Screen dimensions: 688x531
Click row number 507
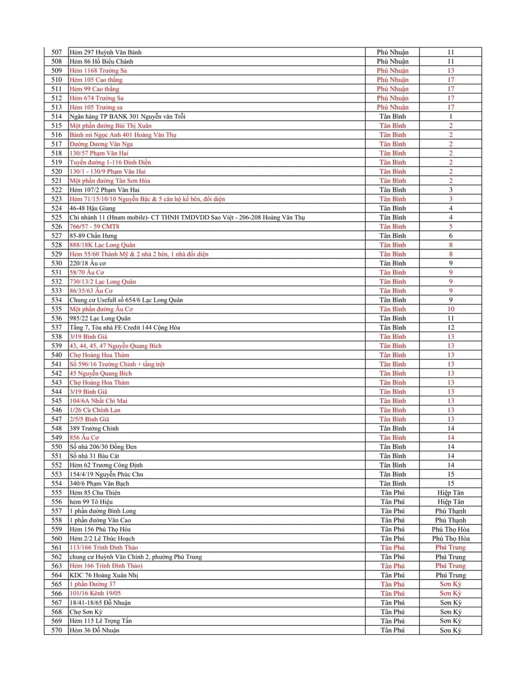pos(56,52)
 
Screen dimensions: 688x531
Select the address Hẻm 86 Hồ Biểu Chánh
pos(101,62)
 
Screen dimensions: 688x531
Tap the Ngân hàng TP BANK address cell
pos(127,116)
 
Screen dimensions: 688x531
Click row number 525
pos(56,217)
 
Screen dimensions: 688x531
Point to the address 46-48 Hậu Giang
pos(92,208)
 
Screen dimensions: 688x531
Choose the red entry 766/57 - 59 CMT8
pos(95,226)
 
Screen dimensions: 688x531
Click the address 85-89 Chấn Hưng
pos(93,236)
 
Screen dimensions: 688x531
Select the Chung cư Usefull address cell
pos(126,300)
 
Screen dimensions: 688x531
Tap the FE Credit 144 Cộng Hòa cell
pos(125,328)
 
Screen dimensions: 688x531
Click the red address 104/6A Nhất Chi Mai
pos(99,401)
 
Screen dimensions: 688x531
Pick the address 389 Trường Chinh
pos(95,429)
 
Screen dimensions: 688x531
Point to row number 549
pos(56,438)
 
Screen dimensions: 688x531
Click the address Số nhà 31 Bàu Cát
pos(95,456)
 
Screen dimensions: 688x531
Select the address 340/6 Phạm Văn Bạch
pos(99,483)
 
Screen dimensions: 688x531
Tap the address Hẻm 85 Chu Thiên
pos(95,493)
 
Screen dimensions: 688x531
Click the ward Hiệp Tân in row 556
pos(450,502)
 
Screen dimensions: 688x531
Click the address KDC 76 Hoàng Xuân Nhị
pos(104,575)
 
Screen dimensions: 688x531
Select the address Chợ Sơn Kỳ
pos(86,612)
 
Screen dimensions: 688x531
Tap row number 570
pos(56,631)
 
